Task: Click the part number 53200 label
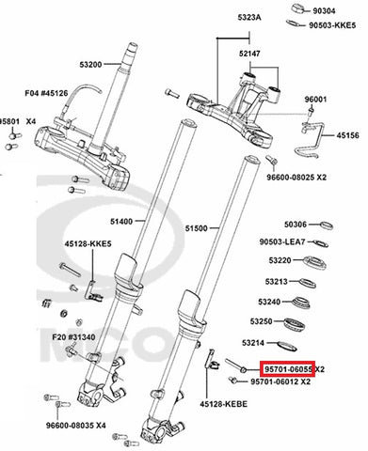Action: (x=90, y=65)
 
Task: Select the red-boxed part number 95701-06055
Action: (x=288, y=369)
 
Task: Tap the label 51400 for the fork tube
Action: (x=121, y=222)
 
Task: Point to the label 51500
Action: (x=196, y=228)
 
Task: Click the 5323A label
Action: (x=249, y=18)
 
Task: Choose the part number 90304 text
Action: (x=324, y=11)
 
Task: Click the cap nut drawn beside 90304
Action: (x=299, y=8)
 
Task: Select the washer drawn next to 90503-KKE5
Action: (x=295, y=23)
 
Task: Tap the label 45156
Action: (x=348, y=135)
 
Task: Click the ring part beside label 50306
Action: (x=327, y=225)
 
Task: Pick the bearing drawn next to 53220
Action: (x=315, y=263)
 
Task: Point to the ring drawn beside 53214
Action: (x=287, y=346)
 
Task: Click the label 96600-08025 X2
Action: (x=296, y=178)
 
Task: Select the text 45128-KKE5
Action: (x=88, y=243)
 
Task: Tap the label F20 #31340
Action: (x=73, y=337)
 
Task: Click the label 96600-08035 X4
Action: (x=76, y=426)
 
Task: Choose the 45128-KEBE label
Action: (x=224, y=404)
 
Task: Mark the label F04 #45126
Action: (x=46, y=93)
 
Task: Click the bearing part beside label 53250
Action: (x=294, y=324)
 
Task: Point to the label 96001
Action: (x=315, y=100)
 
